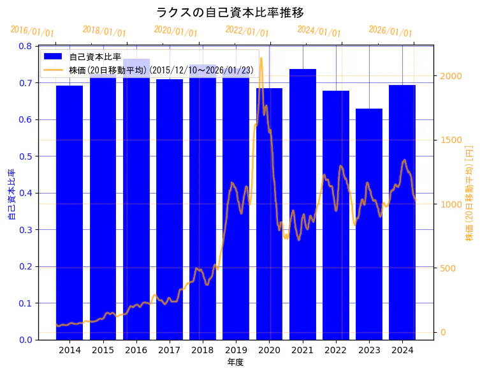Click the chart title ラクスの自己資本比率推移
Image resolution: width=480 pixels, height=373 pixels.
(230, 12)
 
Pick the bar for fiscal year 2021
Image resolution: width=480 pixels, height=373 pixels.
(303, 204)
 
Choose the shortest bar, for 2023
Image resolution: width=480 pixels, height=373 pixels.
(369, 224)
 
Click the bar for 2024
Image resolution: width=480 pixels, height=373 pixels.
(402, 211)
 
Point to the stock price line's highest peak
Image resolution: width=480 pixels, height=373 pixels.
(261, 59)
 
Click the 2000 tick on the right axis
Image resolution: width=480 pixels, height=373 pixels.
(450, 76)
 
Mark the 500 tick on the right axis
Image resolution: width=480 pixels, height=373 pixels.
(447, 268)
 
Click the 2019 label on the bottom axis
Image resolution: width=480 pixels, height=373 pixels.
(236, 350)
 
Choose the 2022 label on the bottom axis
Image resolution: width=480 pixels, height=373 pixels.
(336, 350)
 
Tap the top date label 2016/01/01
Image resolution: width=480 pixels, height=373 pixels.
(33, 32)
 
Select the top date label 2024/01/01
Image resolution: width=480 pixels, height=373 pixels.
(319, 32)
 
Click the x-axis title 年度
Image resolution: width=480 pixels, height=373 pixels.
(236, 362)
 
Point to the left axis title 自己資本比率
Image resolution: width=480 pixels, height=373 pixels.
(11, 194)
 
